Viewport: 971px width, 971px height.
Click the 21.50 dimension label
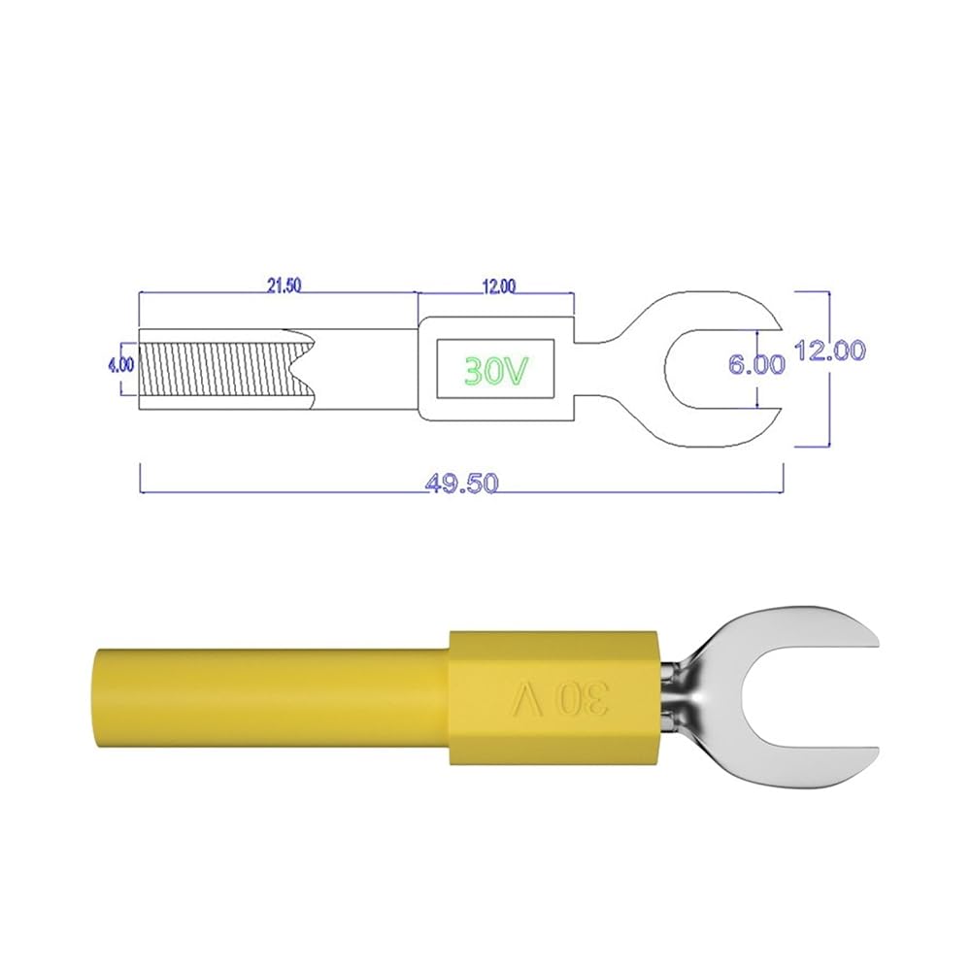pos(285,285)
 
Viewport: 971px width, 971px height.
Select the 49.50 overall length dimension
pos(462,483)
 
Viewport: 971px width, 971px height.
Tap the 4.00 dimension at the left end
pos(120,365)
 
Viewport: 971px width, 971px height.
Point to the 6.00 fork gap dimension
pos(756,364)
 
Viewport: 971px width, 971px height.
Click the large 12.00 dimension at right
pos(830,351)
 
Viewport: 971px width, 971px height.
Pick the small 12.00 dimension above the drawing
pos(498,286)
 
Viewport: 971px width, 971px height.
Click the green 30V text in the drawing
pos(496,370)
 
